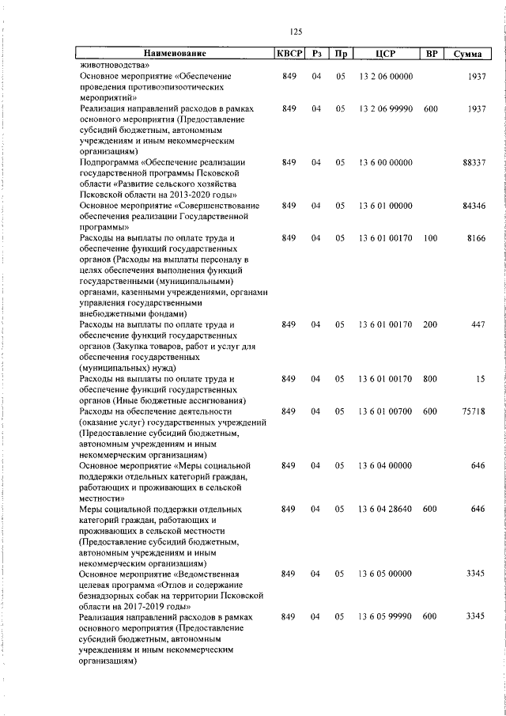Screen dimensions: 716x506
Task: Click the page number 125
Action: (296, 32)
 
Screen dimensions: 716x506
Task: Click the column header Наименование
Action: (175, 54)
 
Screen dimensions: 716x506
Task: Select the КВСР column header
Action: (288, 54)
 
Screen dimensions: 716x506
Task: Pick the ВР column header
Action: (431, 54)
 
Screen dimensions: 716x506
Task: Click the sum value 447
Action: (478, 324)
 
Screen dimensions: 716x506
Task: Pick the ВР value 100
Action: (430, 237)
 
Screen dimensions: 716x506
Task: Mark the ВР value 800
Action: (430, 379)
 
